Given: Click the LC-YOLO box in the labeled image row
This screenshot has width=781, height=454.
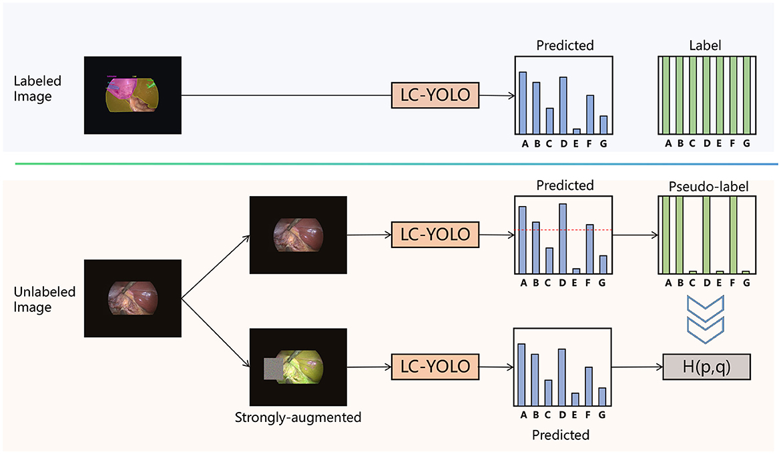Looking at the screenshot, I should pyautogui.click(x=435, y=96).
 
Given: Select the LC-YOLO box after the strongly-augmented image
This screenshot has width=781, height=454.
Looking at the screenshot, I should pyautogui.click(x=435, y=367).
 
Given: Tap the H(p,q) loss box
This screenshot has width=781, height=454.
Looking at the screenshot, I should pyautogui.click(x=706, y=367).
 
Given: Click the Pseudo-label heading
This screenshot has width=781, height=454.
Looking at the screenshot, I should pyautogui.click(x=706, y=186).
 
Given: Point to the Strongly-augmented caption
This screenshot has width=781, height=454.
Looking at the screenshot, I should pyautogui.click(x=298, y=418).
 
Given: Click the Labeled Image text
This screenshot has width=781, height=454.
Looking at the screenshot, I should pyautogui.click(x=37, y=89).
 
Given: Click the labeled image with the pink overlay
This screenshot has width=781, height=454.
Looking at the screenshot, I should pyautogui.click(x=133, y=95).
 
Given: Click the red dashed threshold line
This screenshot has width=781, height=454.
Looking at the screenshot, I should pyautogui.click(x=565, y=231).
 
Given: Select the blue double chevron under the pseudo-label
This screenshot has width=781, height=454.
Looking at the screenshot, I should pyautogui.click(x=706, y=316).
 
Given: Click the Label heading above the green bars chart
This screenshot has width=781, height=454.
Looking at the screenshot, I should pyautogui.click(x=706, y=46).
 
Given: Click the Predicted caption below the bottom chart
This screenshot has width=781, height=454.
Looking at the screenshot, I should pyautogui.click(x=561, y=435).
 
